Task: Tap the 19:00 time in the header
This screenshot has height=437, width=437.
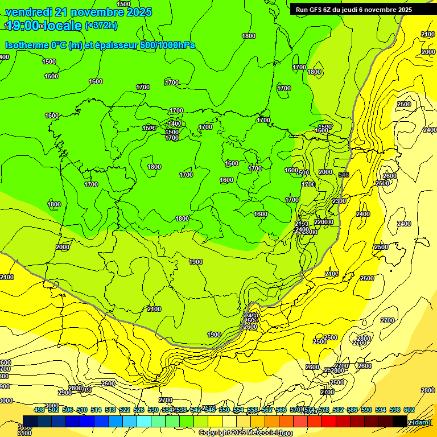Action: pyautogui.click(x=22, y=26)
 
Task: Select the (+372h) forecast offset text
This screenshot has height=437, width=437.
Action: pyautogui.click(x=101, y=26)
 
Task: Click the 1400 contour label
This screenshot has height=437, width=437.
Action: pyautogui.click(x=174, y=123)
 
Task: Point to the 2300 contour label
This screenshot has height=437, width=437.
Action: pyautogui.click(x=339, y=201)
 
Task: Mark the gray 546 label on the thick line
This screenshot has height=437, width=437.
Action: pyautogui.click(x=343, y=174)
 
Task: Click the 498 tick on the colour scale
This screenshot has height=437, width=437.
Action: pyautogui.click(x=39, y=410)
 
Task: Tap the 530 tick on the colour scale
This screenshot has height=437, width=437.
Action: pyautogui.click(x=153, y=410)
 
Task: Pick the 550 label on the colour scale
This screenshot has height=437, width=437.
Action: pyautogui.click(x=224, y=410)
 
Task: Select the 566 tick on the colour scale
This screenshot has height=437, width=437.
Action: pyautogui.click(x=281, y=410)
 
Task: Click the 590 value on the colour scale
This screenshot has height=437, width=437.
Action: pyautogui.click(x=366, y=410)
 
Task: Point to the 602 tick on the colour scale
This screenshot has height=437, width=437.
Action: pyautogui.click(x=409, y=410)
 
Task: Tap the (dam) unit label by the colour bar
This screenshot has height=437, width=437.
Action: pyautogui.click(x=422, y=422)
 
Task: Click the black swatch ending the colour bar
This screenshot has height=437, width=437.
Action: pyautogui.click(x=399, y=422)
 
